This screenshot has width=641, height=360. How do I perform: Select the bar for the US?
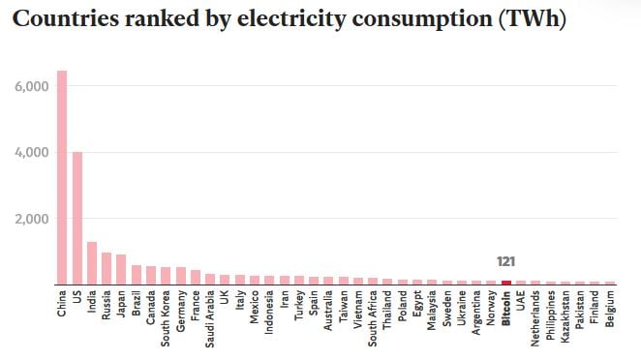point(77,218)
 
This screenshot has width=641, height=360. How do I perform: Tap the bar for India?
point(92,262)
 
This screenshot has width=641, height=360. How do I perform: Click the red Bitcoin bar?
point(506,282)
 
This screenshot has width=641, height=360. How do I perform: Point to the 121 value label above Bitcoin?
point(506,261)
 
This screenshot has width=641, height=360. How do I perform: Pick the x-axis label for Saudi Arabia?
point(210,319)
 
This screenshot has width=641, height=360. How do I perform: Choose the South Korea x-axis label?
point(166,318)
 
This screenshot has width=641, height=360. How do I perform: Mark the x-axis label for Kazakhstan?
point(565,318)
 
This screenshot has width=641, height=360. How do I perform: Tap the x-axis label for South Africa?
point(373,319)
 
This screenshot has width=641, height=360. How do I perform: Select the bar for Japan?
point(121,269)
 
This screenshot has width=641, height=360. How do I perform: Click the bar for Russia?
point(107,268)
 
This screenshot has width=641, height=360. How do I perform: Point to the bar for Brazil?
point(137,275)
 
